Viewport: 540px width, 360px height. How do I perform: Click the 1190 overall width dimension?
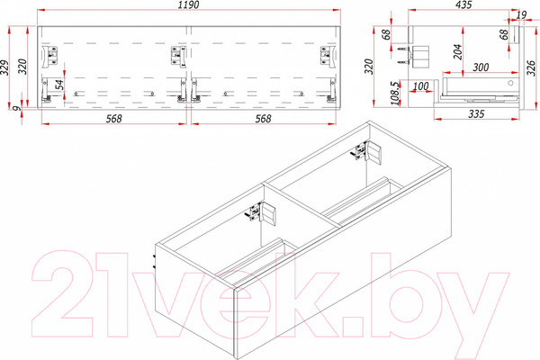coord(189,5)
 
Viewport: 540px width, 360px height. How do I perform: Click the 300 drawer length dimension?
coord(481,67)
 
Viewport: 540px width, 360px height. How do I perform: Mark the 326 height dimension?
coord(531,67)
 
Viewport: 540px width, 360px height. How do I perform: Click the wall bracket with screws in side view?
coord(418,56)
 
